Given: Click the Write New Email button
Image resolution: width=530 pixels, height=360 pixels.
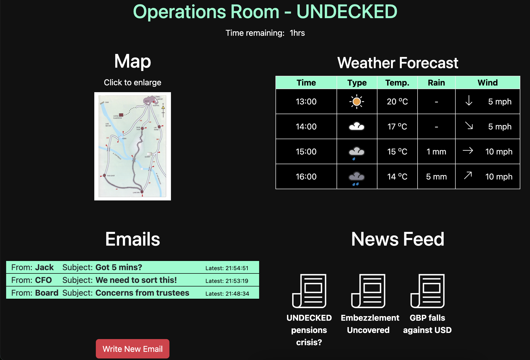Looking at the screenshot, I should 132,349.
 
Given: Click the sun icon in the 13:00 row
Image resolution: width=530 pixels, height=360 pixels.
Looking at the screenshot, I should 356,102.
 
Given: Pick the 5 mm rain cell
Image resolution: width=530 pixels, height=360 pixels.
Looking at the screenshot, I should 436,177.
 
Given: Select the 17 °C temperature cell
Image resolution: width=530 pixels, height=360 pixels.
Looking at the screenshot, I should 397,127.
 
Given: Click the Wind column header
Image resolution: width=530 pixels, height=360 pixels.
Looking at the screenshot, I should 487,83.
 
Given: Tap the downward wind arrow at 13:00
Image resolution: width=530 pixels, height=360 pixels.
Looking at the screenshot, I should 469,101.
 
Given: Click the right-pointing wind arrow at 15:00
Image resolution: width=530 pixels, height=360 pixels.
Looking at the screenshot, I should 468,151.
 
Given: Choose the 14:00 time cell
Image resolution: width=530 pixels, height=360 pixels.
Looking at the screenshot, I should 306,127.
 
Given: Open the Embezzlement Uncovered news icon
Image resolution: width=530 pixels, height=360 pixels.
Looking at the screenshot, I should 368,291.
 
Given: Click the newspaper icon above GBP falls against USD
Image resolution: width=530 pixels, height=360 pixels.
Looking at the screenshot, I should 428,291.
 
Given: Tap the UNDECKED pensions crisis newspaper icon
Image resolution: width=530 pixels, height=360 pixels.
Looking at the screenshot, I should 309,291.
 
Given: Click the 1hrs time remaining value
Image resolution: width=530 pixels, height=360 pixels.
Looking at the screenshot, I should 297,33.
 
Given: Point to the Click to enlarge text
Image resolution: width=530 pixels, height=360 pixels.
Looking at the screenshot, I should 132,82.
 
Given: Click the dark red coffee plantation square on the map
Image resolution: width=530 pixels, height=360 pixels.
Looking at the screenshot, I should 121,115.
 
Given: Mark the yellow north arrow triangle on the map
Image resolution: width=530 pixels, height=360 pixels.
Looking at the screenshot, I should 163,107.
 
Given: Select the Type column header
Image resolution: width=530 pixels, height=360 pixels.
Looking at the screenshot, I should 357,83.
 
